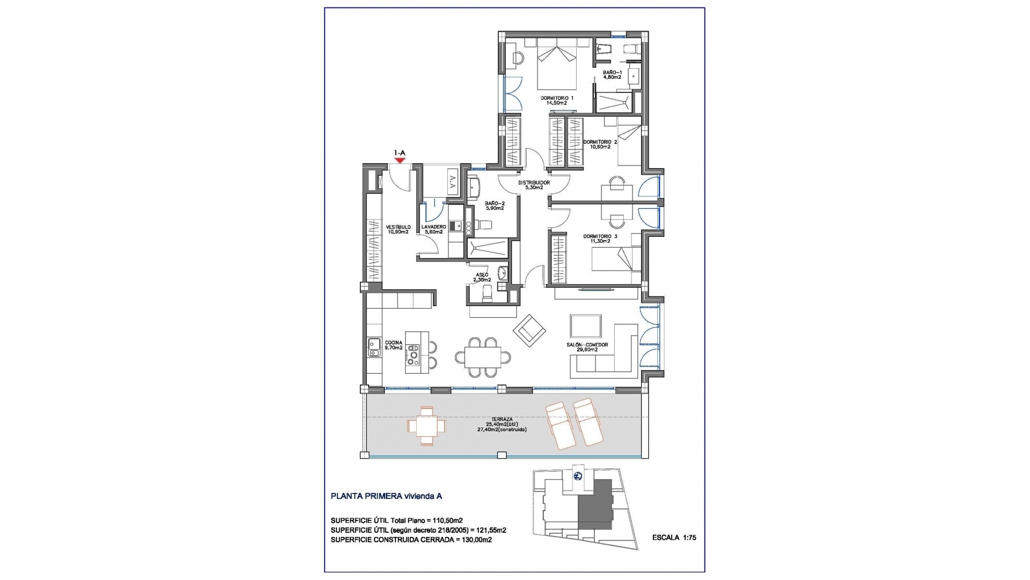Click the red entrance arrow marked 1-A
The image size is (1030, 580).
click(399, 160)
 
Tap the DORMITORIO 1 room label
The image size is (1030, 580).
click(557, 100)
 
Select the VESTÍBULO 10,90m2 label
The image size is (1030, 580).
click(398, 229)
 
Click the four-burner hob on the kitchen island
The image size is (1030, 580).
click(413, 355)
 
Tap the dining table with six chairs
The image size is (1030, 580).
click(478, 356)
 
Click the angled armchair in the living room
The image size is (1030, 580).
click(529, 330)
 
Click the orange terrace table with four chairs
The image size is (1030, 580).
click(426, 426)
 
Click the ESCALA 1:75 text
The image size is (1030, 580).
click(674, 537)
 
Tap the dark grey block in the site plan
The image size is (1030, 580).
click(595, 504)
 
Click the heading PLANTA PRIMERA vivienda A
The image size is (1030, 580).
click(386, 496)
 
